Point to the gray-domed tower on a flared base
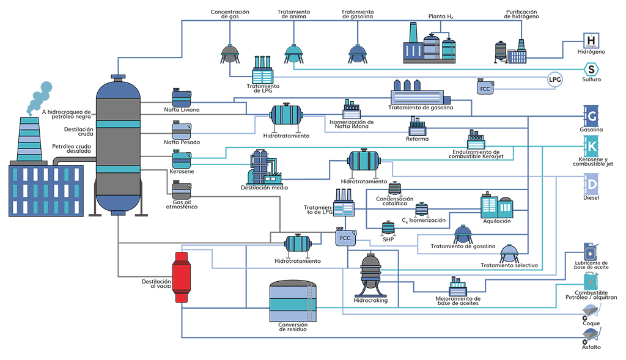[x=370, y=278]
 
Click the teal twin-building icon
[x=495, y=207]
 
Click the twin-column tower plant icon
[x=260, y=167]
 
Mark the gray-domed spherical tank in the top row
[x=229, y=53]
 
